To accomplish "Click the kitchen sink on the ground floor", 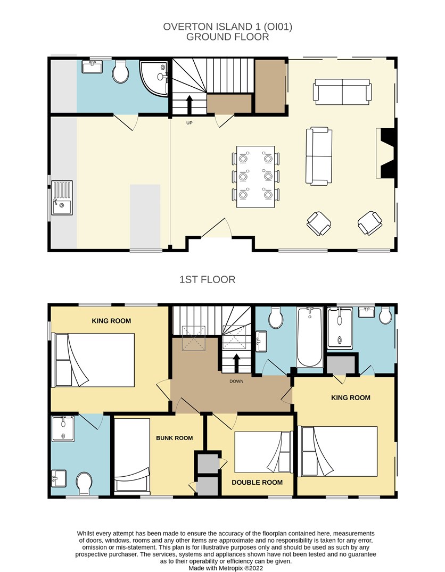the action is click(x=62, y=198).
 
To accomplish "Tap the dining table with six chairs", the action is click(x=256, y=177).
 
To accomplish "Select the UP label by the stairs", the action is click(x=189, y=123).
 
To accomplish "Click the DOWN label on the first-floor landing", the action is click(x=236, y=381).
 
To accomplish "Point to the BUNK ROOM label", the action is click(x=175, y=438).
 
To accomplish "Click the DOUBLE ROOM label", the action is click(x=257, y=482).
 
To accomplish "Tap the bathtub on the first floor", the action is click(x=310, y=337).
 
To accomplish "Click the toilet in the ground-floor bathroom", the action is click(x=120, y=71).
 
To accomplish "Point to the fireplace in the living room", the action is click(x=386, y=153).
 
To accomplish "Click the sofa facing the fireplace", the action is click(x=319, y=156).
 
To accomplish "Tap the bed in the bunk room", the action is click(x=132, y=457).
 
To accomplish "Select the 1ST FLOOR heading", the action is click(x=208, y=279).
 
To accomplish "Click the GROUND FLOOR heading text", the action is click(x=228, y=37).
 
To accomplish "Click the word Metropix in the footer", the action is click(x=230, y=568).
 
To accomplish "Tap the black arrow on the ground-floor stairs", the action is click(x=189, y=105).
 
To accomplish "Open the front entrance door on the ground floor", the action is click(x=216, y=228).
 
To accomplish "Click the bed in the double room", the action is click(x=263, y=452).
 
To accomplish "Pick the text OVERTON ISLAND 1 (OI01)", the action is click(x=228, y=27).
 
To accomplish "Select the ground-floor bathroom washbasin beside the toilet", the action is click(x=92, y=67).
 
